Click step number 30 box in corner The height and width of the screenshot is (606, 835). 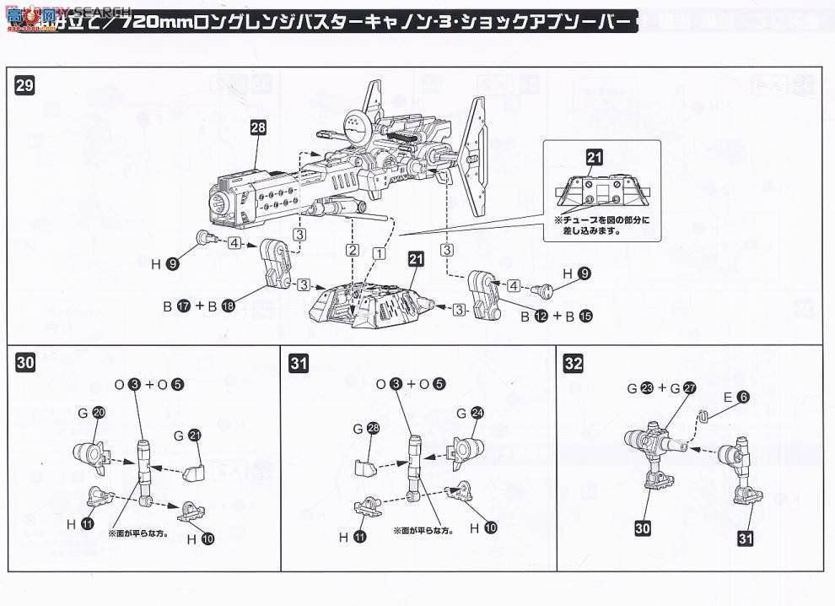25,364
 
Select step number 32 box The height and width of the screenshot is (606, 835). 574,364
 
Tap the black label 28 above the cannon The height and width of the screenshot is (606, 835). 258,128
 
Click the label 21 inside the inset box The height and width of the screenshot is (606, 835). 595,157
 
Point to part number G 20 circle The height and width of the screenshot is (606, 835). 99,414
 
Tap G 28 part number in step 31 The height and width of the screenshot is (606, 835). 373,429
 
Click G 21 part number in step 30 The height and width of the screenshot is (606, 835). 194,435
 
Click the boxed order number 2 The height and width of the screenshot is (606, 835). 353,251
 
